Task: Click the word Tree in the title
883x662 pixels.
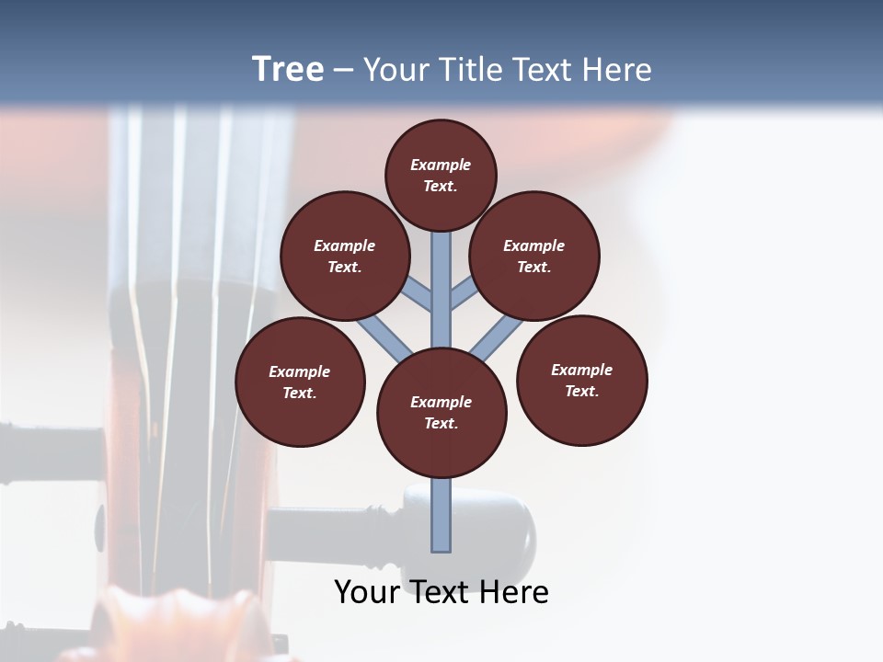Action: click(x=288, y=69)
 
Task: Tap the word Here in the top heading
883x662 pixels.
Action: click(x=616, y=69)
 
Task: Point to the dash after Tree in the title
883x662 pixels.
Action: click(x=343, y=71)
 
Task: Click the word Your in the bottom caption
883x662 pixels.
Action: click(x=368, y=592)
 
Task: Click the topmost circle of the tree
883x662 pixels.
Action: click(x=441, y=175)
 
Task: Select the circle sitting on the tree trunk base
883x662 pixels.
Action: click(x=441, y=413)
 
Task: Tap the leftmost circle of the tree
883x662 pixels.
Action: click(x=300, y=382)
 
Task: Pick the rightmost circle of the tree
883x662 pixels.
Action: click(x=581, y=380)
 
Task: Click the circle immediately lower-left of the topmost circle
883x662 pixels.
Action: click(x=345, y=256)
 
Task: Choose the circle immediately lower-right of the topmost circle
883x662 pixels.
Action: click(x=534, y=256)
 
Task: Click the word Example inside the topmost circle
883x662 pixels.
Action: click(x=441, y=165)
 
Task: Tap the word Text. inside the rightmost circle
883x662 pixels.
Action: click(x=581, y=391)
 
